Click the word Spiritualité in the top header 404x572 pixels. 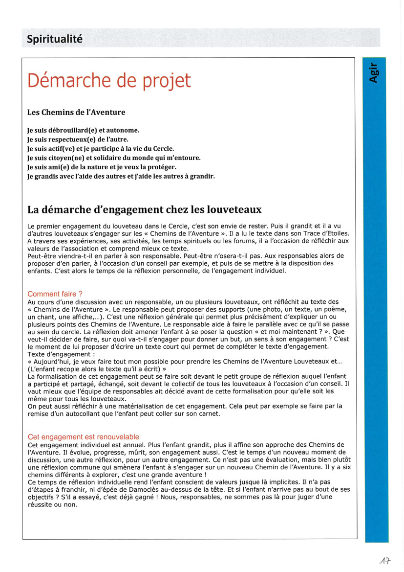55,39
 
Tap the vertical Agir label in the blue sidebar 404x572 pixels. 373,72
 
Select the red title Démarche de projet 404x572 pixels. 109,81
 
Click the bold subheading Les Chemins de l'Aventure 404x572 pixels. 76,112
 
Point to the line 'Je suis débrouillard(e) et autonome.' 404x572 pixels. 83,131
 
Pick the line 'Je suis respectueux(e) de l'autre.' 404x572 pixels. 78,139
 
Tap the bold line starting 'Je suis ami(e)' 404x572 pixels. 102,167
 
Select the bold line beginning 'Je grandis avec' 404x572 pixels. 121,176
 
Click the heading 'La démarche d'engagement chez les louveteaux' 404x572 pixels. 144,209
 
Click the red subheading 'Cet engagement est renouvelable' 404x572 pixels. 83,437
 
